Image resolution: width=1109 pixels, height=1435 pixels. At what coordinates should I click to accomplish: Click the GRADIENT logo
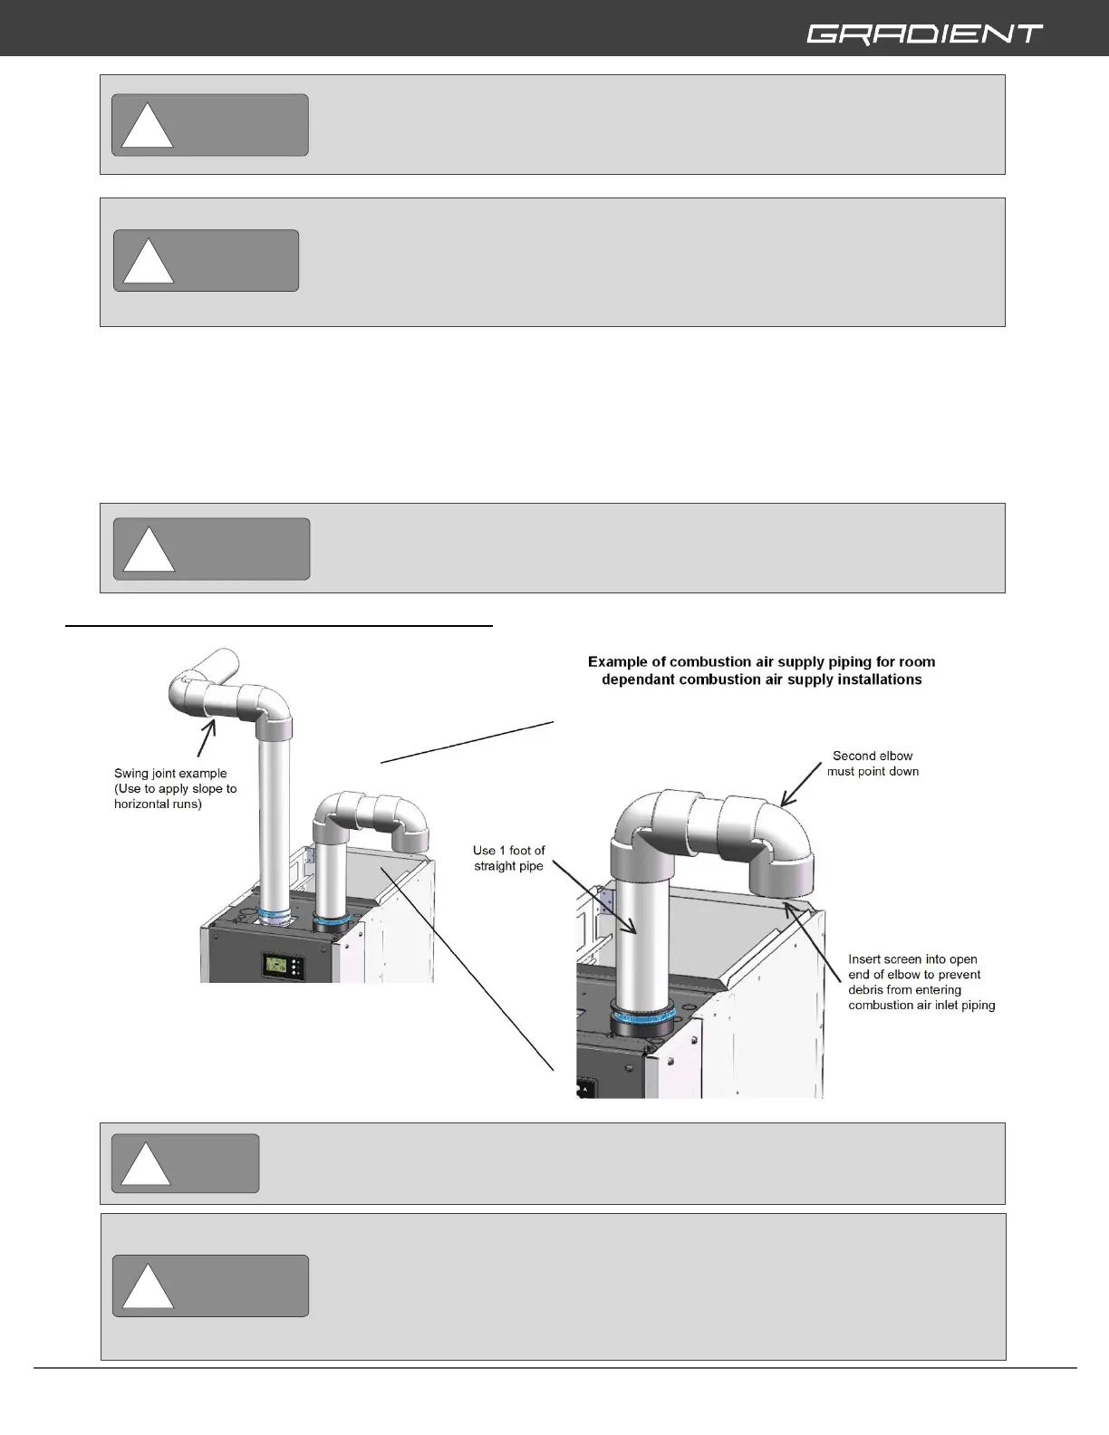click(x=924, y=34)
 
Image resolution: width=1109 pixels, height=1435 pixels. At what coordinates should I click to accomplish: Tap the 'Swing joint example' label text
click(x=170, y=773)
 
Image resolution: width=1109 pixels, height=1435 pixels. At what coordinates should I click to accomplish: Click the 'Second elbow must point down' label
click(x=873, y=764)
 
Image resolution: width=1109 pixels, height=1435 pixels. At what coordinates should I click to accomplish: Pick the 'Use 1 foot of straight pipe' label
click(x=508, y=858)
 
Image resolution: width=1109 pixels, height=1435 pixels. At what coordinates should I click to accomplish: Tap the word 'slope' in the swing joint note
click(x=203, y=789)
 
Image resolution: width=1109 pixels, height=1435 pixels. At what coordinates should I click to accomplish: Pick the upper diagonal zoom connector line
click(x=467, y=742)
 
